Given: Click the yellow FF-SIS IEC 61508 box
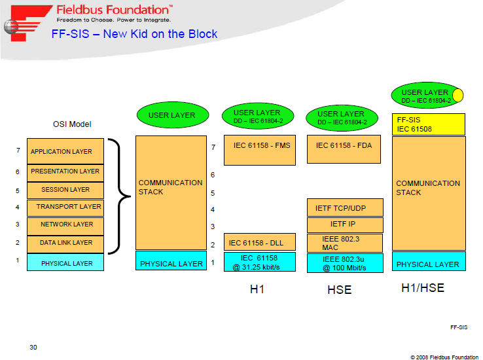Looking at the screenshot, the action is tap(429, 124).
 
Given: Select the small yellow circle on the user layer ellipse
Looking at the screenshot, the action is tap(457, 95).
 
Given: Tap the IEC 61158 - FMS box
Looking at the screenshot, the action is tap(260, 150).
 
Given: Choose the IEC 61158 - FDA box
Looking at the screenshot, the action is tap(344, 149).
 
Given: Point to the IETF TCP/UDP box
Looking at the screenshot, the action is tap(345, 207).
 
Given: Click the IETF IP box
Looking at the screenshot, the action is tap(345, 225).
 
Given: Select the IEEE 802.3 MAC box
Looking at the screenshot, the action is tap(345, 243).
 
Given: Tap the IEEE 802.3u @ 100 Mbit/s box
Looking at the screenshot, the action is tap(345, 263).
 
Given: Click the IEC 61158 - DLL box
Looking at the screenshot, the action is tap(260, 242).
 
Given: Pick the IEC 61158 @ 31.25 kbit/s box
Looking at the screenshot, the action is tap(260, 262).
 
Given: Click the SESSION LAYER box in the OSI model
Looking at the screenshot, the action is tap(65, 190).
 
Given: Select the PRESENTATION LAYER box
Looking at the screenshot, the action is tap(65, 173).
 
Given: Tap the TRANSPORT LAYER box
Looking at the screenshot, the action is tap(65, 208).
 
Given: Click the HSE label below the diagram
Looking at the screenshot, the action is tap(340, 290).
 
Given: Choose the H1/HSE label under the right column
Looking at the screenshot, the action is tap(423, 288).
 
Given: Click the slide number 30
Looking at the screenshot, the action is tap(33, 348).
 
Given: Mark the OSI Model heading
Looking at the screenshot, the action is tap(72, 124).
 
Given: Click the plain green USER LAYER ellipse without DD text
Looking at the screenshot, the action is tap(173, 115).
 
